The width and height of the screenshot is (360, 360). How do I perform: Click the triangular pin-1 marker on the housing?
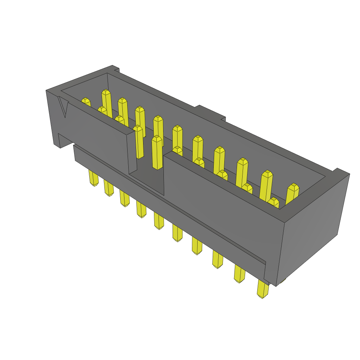pos(63,107)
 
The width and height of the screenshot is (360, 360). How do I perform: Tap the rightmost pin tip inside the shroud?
pos(292,193)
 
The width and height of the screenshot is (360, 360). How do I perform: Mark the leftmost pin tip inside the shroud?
pos(86,101)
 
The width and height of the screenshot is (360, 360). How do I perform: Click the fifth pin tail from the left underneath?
pos(159,221)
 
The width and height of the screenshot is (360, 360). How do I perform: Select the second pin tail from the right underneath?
pos(239,274)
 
